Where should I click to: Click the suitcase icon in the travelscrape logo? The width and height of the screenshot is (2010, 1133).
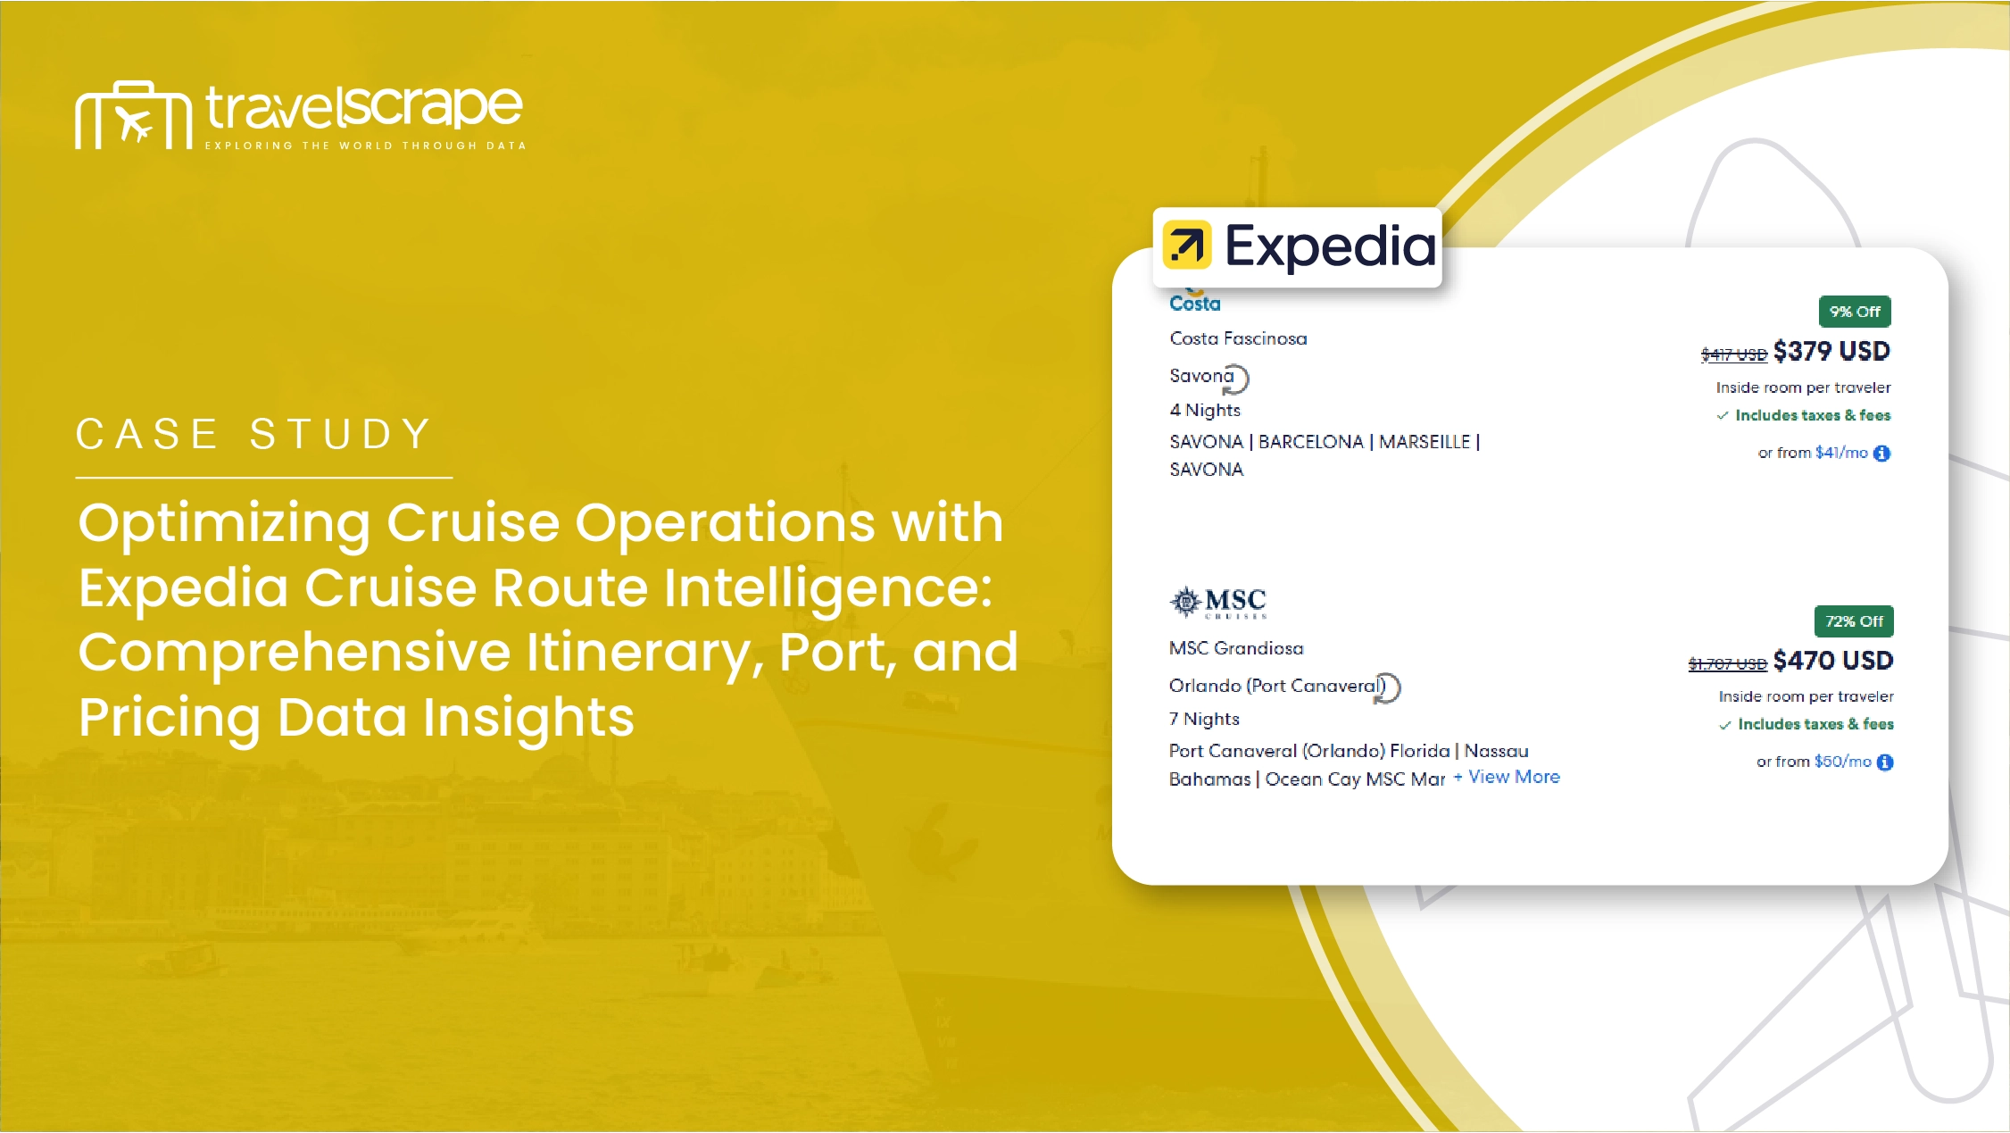(133, 115)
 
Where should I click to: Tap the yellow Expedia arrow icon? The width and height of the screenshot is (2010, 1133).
(1186, 245)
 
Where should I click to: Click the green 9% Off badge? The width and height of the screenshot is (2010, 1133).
(1855, 312)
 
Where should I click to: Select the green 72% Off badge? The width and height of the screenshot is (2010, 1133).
(1854, 621)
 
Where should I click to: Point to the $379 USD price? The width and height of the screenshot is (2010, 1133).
(1831, 351)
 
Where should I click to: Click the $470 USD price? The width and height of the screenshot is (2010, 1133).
(1833, 661)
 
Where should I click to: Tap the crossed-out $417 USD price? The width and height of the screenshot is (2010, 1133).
(1733, 354)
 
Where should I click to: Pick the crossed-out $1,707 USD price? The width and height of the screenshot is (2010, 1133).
(1727, 663)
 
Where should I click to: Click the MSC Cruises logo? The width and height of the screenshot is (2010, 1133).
(1217, 603)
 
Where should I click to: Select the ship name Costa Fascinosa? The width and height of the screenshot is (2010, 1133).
(1238, 338)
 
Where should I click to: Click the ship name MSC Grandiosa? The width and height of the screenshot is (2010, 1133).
(1236, 648)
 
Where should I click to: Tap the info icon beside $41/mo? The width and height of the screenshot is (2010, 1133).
(1881, 454)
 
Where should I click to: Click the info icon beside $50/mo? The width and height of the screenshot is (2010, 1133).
(1885, 762)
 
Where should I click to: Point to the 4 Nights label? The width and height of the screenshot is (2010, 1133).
(1205, 410)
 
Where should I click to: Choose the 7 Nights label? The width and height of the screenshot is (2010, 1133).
(1204, 719)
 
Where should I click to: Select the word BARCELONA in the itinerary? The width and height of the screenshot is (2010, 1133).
(1310, 442)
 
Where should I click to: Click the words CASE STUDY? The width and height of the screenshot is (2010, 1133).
(254, 435)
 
